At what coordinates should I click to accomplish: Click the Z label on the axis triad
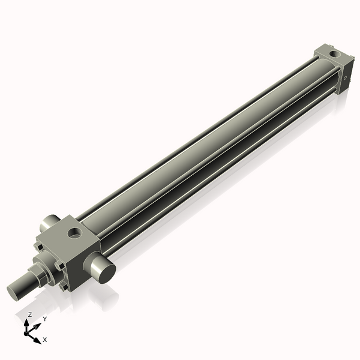pos(30,314)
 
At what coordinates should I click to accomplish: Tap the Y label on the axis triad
pos(44,319)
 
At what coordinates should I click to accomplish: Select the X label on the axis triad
pos(44,340)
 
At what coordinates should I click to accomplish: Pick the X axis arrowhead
pos(38,339)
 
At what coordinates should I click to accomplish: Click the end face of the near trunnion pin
pos(106,272)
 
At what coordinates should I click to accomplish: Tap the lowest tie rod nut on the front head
pos(63,287)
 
